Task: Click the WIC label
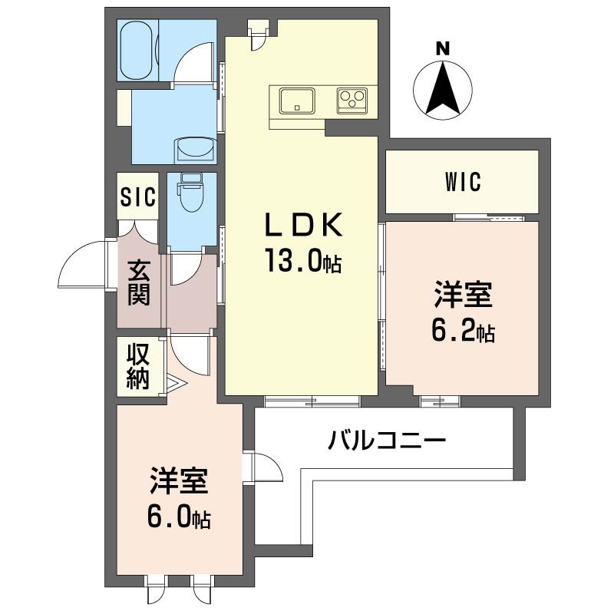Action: click(463, 182)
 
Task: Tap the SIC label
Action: click(138, 196)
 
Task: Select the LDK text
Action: click(304, 224)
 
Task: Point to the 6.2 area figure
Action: click(463, 330)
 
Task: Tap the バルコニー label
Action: click(387, 441)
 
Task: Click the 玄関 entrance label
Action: click(139, 283)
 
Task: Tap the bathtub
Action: click(137, 51)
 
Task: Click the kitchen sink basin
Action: click(297, 101)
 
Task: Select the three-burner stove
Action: click(352, 101)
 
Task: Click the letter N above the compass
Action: click(443, 49)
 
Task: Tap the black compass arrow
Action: click(443, 87)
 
